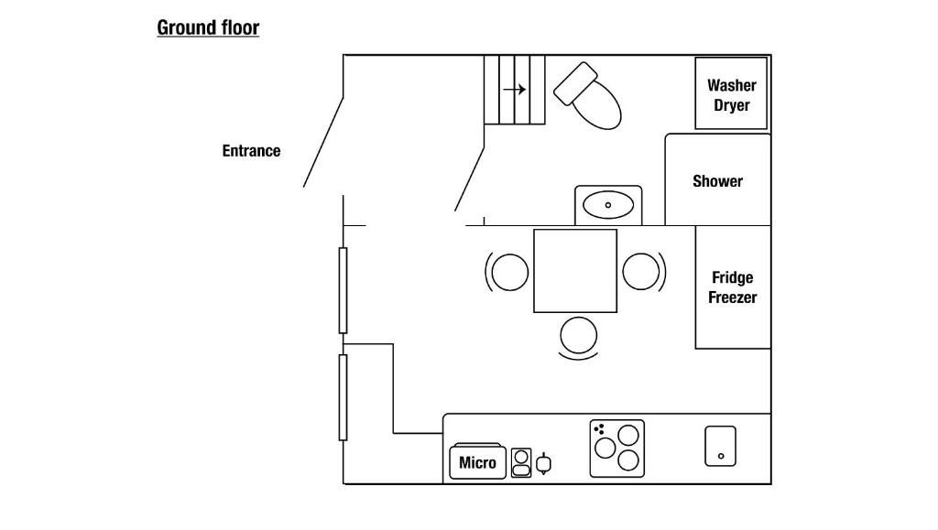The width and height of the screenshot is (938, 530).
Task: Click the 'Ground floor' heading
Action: click(x=208, y=27)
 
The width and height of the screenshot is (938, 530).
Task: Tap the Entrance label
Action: click(x=251, y=151)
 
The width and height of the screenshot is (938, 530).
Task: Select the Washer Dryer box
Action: click(x=731, y=94)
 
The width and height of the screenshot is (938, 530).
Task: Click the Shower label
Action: click(x=717, y=181)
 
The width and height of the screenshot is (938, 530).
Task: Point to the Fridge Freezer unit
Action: click(x=733, y=287)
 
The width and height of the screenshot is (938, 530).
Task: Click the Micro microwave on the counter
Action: click(x=477, y=462)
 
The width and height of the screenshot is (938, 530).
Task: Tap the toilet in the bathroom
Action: click(x=589, y=95)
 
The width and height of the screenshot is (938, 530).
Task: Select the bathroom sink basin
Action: click(x=608, y=204)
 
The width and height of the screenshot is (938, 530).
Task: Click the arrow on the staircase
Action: click(x=514, y=90)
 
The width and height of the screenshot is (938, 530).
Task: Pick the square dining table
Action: click(x=575, y=271)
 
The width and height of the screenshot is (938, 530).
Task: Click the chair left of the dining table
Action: click(x=509, y=272)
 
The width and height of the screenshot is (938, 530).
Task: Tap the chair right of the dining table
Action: click(x=641, y=272)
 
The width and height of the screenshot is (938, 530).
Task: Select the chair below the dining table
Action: click(x=579, y=335)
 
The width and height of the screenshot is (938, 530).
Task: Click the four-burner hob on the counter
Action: click(x=616, y=449)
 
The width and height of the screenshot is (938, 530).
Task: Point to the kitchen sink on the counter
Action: click(x=720, y=446)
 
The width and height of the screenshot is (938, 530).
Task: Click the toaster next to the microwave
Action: click(x=521, y=462)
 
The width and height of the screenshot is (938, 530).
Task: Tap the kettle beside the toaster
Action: click(x=544, y=464)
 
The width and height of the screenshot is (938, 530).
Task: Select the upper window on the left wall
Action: click(x=343, y=290)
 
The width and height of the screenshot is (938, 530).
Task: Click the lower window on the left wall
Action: click(x=343, y=397)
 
